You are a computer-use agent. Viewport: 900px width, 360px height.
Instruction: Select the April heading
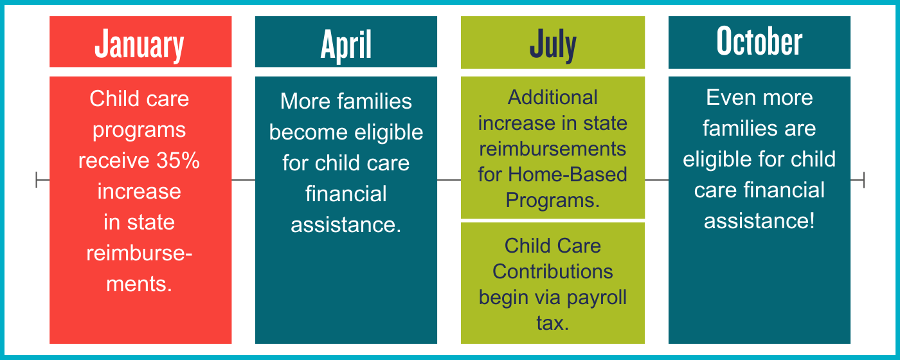click(x=346, y=45)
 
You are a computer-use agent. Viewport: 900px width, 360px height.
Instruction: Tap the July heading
click(x=553, y=45)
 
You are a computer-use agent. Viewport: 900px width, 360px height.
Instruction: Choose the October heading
click(x=759, y=41)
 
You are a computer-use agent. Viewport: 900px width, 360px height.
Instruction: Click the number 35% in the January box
click(x=178, y=160)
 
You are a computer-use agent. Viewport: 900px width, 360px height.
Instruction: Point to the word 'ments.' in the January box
click(x=139, y=284)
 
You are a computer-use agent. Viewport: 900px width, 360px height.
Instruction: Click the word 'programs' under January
click(x=139, y=130)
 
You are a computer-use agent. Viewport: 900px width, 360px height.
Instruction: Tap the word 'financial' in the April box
click(x=346, y=194)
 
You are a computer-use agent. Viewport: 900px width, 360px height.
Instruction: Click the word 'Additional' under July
click(x=552, y=97)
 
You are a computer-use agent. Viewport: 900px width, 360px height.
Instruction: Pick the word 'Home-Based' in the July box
click(x=567, y=174)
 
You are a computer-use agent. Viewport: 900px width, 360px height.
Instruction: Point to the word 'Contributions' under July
click(x=552, y=271)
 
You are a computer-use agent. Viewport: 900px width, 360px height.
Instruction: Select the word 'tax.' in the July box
click(x=552, y=323)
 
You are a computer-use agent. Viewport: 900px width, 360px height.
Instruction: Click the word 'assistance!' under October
click(x=759, y=221)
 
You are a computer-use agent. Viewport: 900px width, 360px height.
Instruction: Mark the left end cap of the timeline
click(x=37, y=179)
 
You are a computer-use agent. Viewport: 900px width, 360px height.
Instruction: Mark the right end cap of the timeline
click(x=864, y=179)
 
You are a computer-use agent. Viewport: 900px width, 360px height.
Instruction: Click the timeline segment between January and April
click(x=244, y=180)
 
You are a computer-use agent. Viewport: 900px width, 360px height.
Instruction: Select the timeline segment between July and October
click(x=656, y=180)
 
